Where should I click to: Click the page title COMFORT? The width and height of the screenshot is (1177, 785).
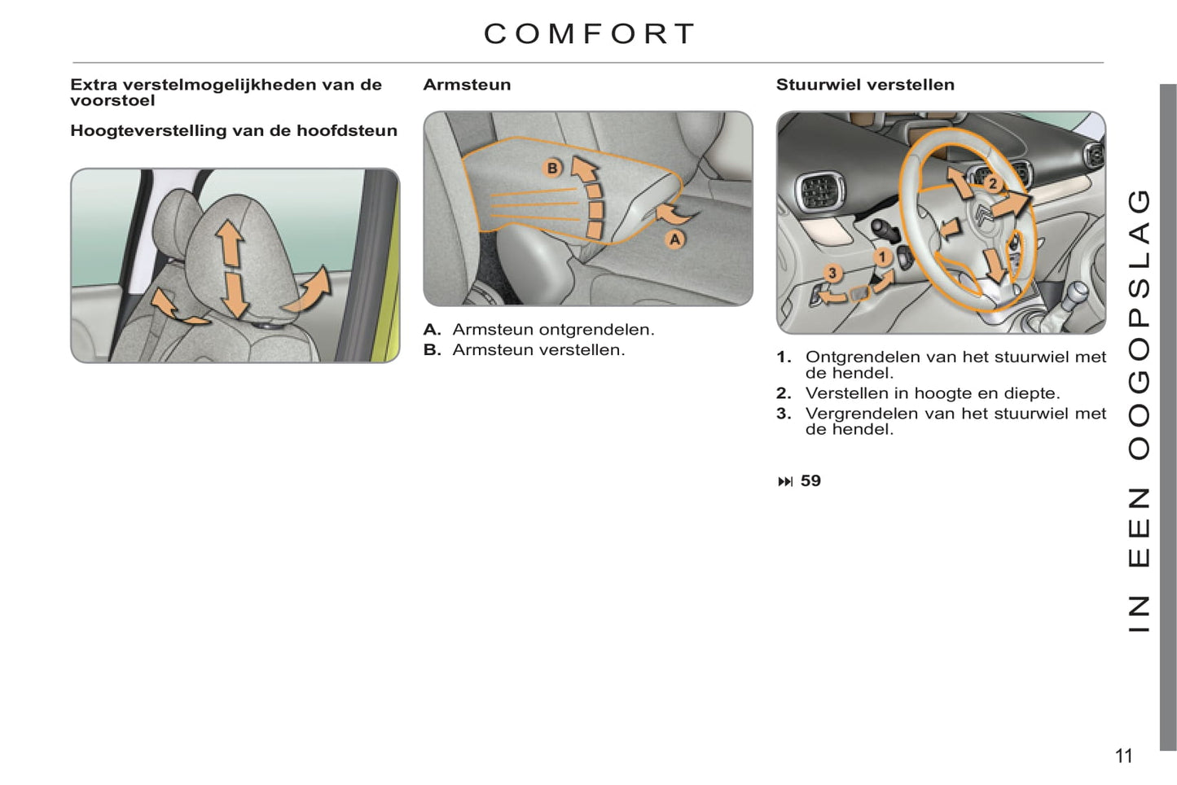pos(590,34)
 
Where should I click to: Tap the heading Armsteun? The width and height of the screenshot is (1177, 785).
pos(467,85)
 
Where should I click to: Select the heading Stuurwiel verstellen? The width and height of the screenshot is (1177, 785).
pos(865,85)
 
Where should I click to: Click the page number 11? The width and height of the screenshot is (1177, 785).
pos(1123,756)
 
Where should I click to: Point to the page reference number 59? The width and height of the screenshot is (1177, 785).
pos(810,480)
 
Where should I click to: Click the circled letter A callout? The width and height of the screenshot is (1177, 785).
pos(674,240)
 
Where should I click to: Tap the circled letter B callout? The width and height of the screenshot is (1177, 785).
pos(552,168)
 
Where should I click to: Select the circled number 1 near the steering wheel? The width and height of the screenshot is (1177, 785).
pos(883,257)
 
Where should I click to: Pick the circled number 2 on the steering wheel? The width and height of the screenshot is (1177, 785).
pos(993,184)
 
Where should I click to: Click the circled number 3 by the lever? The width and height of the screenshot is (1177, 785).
pos(832,274)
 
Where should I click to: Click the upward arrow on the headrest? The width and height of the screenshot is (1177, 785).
pos(230,243)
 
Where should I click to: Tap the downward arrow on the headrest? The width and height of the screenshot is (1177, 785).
pos(234,296)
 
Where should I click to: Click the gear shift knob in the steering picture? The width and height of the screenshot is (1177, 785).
pos(1077,291)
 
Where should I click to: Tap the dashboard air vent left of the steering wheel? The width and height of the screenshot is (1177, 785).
pos(819,191)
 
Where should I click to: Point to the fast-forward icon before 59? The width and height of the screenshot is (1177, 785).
pos(785,481)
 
